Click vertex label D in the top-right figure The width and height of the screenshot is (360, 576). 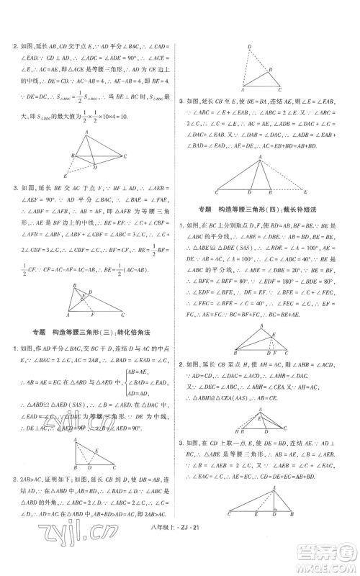pyautogui.click(x=249, y=48)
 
